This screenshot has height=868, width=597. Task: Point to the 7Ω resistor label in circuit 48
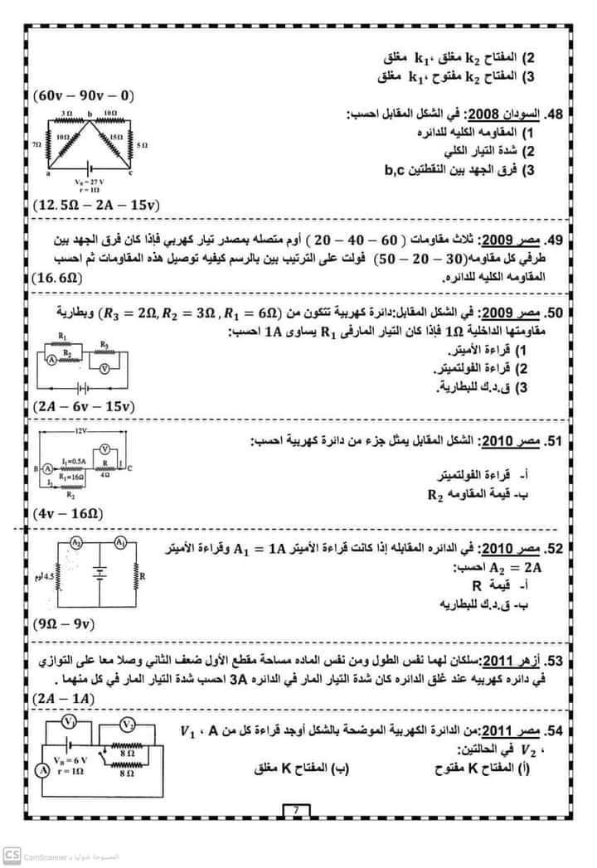(x=36, y=144)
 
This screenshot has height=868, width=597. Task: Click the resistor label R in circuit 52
(x=143, y=575)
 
